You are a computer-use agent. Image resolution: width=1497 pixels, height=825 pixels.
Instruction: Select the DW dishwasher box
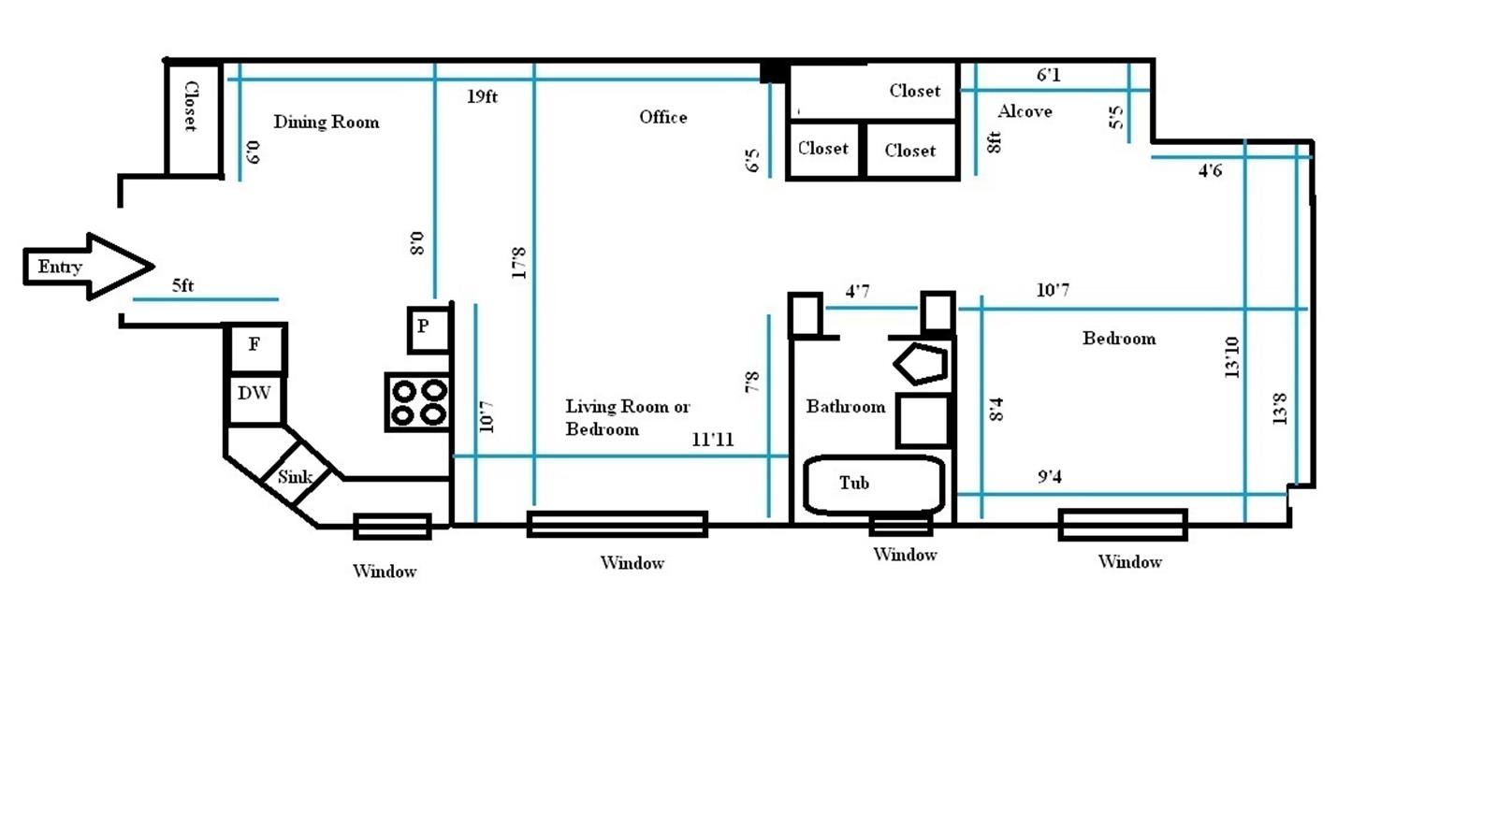[254, 398]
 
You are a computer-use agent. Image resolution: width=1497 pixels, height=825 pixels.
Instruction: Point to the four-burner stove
[418, 402]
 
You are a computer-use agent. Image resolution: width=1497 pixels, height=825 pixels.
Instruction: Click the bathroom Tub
[874, 485]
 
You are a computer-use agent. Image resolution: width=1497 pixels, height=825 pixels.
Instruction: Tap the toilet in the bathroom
[922, 364]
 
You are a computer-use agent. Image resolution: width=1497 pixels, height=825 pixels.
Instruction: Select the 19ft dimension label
[483, 97]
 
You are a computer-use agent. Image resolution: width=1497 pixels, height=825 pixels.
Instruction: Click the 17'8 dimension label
[518, 263]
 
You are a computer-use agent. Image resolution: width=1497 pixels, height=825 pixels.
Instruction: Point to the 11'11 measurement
[712, 440]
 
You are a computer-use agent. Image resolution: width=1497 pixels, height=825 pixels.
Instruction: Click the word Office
[663, 118]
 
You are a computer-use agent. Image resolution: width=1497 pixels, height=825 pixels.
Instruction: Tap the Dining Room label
[327, 123]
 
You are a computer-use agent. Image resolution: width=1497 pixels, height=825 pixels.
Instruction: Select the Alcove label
[1025, 111]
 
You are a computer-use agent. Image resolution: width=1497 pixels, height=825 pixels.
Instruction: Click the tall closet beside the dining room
[194, 119]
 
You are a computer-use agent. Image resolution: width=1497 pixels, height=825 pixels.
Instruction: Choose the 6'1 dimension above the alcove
[1049, 75]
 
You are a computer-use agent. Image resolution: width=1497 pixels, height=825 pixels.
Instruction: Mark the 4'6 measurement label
[1211, 171]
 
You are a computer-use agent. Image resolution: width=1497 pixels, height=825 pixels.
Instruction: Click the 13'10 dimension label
[1231, 357]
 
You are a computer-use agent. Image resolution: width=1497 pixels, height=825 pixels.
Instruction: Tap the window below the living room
[618, 525]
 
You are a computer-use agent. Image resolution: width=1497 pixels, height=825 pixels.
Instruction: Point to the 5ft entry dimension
[182, 286]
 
